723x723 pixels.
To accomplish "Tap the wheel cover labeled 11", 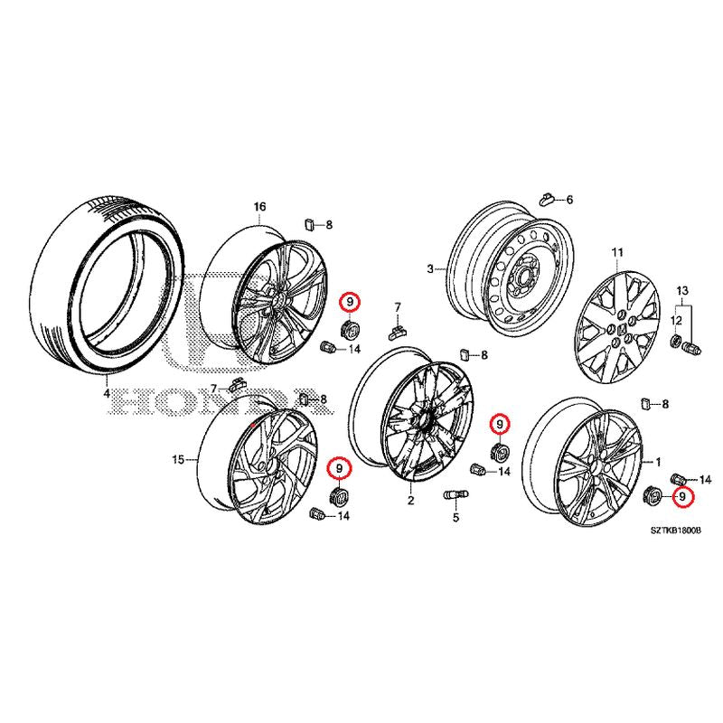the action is (x=618, y=326).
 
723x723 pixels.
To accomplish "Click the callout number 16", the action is (x=260, y=207).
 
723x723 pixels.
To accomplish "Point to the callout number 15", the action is (x=178, y=460).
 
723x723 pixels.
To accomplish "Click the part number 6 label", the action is (x=569, y=200).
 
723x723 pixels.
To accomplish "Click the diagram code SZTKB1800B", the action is (x=676, y=531).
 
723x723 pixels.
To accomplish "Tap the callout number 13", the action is (x=682, y=291).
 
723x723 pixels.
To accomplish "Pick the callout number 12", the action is (x=676, y=320).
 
